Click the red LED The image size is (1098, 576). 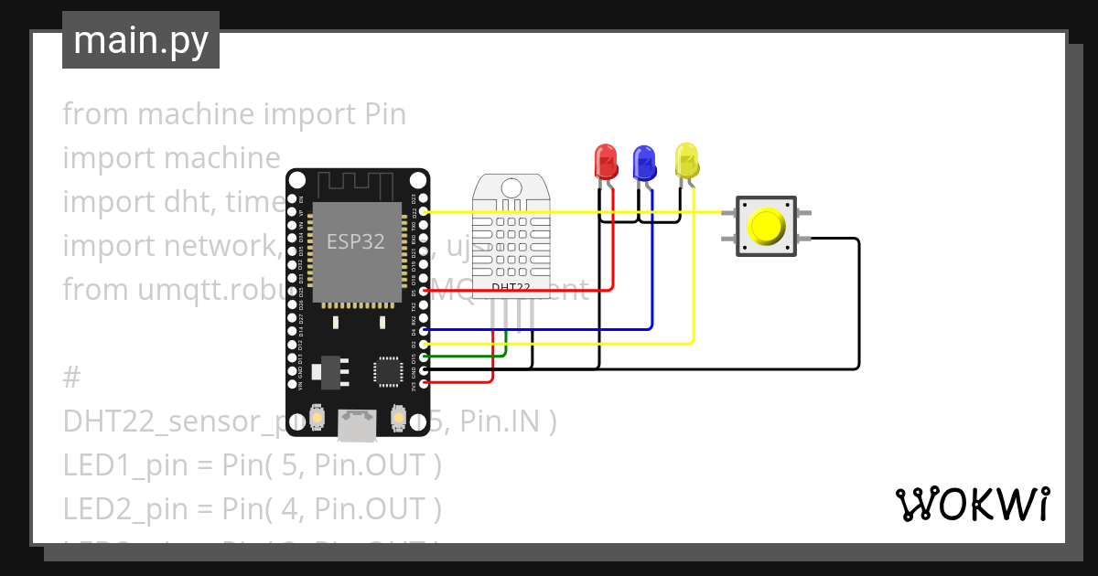(606, 162)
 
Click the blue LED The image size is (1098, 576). (644, 162)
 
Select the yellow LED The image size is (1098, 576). (686, 161)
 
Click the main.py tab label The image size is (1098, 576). (141, 40)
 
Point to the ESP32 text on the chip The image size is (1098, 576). (356, 241)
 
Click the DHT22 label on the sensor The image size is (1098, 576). (510, 287)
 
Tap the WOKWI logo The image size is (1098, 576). (971, 504)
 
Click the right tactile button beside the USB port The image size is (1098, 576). (398, 418)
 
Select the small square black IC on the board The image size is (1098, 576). (386, 371)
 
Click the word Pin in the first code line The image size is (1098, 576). (385, 114)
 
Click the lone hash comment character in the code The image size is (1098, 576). (73, 378)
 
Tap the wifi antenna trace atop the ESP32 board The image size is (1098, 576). (357, 185)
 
